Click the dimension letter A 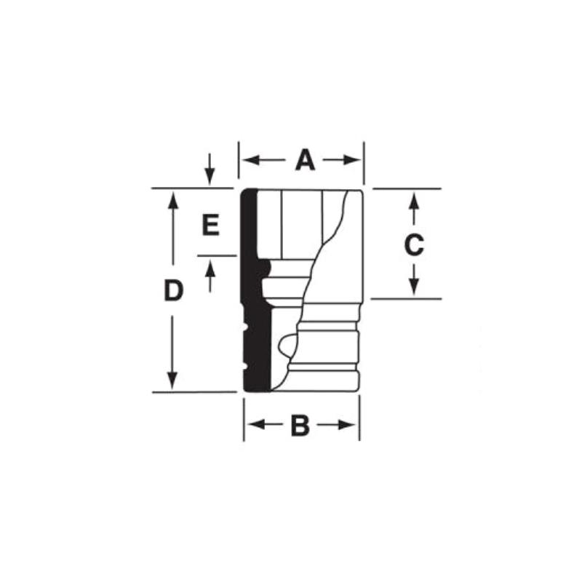305,159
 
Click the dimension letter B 300,426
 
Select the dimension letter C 413,246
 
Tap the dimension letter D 172,291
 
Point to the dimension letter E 210,226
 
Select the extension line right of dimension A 364,164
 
